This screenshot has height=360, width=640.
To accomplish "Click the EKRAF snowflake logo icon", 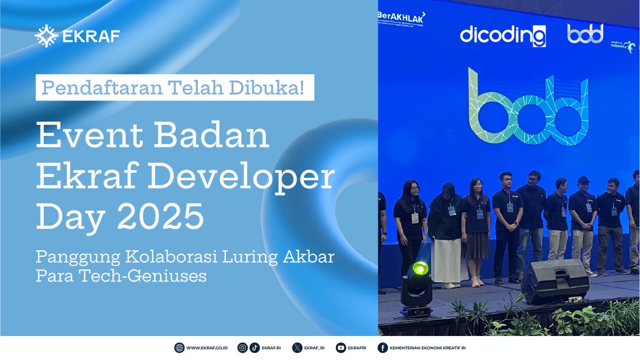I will pos(46,36).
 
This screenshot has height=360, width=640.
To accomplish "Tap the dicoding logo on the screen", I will pos(503,36).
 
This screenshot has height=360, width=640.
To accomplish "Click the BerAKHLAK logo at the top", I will pos(402,17).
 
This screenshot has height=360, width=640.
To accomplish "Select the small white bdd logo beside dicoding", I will pos(585,33).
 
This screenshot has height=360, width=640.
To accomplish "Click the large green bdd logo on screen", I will pos(528,106).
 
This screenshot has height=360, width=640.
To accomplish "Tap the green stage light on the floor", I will pos(420,269).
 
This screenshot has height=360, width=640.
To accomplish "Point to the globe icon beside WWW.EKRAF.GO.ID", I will pos(179,348).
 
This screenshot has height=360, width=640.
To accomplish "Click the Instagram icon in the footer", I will pos(242,348).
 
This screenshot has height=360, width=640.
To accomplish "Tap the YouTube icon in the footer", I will pos(341,348).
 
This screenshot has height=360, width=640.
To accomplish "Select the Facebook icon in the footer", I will pos(382,348).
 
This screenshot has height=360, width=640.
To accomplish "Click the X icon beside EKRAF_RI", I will pos(297,348).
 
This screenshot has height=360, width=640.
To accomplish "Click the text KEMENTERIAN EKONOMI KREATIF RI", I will pos(428,348).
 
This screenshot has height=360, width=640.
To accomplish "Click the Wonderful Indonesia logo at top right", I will pos(623,45).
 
